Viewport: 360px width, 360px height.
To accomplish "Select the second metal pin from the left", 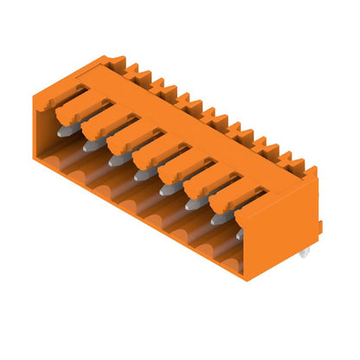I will [89, 145].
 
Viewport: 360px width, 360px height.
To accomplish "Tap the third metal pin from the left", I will [114, 159].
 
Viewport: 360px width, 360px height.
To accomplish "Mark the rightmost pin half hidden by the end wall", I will [239, 233].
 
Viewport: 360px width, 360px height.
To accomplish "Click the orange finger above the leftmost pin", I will [69, 104].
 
